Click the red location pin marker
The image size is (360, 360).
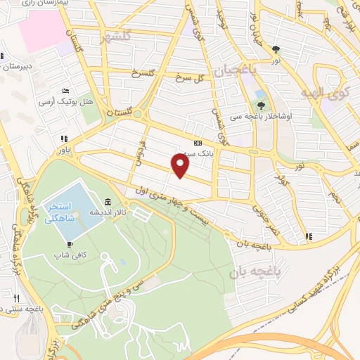[x=181, y=166]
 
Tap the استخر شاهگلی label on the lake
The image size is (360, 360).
[x=60, y=214]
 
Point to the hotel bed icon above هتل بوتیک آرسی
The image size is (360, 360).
[x=65, y=91]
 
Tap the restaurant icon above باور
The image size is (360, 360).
[x=64, y=138]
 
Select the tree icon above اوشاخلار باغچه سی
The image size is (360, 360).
[x=262, y=105]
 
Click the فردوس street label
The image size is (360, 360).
[x=143, y=150]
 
